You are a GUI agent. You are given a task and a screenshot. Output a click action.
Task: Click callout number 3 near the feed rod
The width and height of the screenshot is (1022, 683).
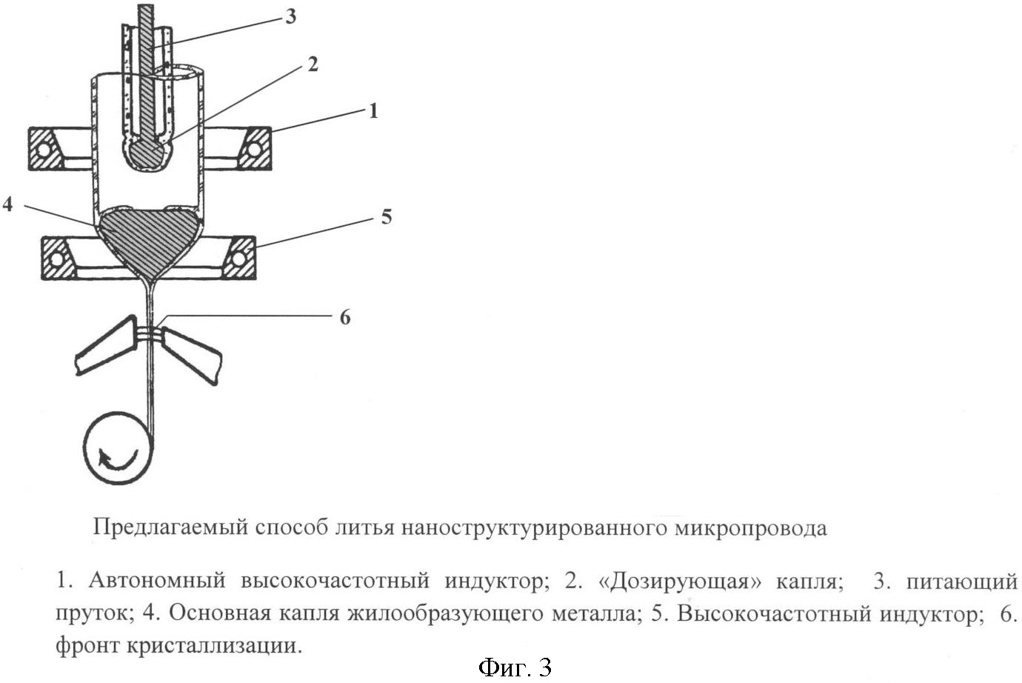point(290,16)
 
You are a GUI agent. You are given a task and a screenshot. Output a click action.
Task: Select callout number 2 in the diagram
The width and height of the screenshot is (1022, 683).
point(313,64)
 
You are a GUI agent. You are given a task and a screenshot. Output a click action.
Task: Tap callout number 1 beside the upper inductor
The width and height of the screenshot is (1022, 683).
point(373,111)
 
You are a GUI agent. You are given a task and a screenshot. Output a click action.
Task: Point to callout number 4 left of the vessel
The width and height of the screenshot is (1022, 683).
point(7,204)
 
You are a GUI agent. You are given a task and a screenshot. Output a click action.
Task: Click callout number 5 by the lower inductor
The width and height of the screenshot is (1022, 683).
point(386,217)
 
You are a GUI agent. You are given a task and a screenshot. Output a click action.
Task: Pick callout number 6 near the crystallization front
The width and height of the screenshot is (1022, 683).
point(344,318)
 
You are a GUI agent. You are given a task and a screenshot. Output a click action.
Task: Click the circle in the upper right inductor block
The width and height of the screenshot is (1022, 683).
point(254,150)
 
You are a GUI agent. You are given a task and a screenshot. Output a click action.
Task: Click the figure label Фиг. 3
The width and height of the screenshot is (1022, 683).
point(515,667)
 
